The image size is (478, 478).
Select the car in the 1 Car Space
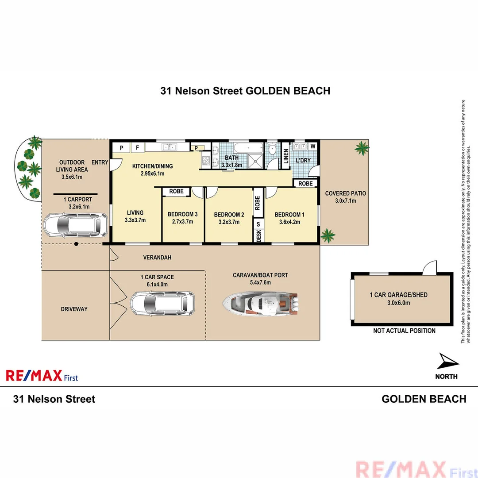[162, 303]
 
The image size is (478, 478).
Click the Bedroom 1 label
[289, 215]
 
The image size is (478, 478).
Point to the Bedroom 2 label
[229, 215]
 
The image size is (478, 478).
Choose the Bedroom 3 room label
[182, 215]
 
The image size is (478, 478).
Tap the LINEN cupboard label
[286, 156]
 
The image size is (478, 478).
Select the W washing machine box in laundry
[312, 146]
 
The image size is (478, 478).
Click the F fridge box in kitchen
[137, 147]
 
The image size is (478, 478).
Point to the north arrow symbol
[447, 363]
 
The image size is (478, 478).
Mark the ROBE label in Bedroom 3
[176, 192]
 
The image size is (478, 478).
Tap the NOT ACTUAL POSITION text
[404, 331]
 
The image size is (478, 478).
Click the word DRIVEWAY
[74, 309]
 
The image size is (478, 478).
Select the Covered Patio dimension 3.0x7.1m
[345, 200]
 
